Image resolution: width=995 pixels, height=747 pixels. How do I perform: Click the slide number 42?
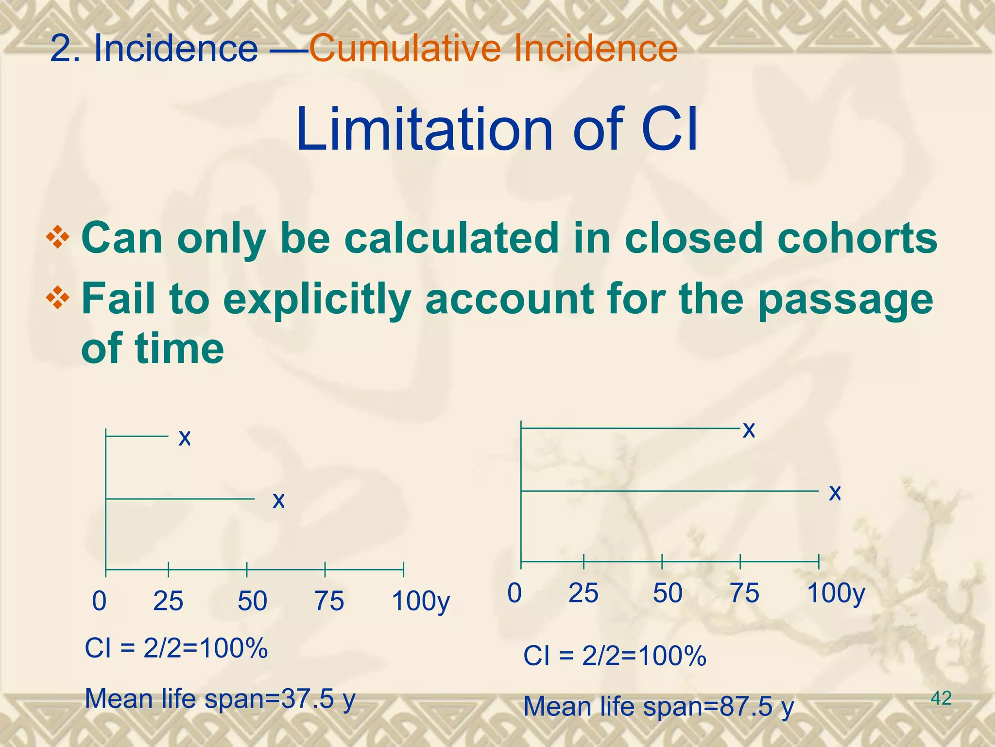[x=941, y=698]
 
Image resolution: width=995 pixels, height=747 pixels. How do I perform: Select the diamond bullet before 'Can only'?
[x=57, y=238]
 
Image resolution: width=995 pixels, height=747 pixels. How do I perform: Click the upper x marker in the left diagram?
[x=185, y=438]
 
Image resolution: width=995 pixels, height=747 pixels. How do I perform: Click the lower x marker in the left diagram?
[x=278, y=500]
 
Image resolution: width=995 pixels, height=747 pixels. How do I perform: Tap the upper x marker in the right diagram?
[x=749, y=430]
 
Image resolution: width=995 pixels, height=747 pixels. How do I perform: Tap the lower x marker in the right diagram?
[x=835, y=493]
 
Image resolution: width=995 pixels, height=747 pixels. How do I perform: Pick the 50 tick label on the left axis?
[x=252, y=601]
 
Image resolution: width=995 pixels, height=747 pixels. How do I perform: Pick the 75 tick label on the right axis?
[x=745, y=593]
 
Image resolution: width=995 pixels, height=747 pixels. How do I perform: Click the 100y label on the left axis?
[x=421, y=602]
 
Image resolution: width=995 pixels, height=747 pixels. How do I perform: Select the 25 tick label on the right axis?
[x=583, y=593]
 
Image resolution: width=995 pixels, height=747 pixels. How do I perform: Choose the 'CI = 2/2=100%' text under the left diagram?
[x=176, y=648]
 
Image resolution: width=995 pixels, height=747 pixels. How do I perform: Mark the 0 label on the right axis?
[x=515, y=593]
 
